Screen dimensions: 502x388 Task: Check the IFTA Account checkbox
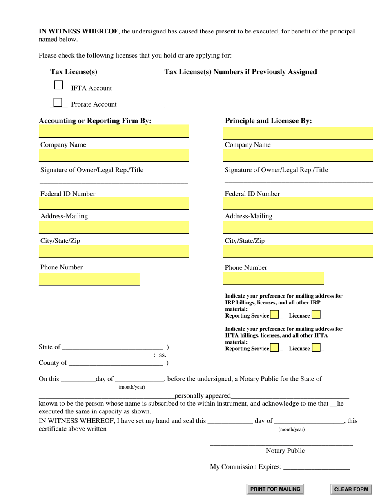click(x=59, y=85)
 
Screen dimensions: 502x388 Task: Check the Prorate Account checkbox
click(x=58, y=102)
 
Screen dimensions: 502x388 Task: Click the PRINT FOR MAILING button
click(x=275, y=489)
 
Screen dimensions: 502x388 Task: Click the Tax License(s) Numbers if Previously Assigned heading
click(x=241, y=72)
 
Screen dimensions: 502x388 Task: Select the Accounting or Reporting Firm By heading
click(x=95, y=121)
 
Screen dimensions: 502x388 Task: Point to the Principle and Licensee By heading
click(x=268, y=121)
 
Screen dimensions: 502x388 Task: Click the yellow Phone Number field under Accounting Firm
click(x=89, y=279)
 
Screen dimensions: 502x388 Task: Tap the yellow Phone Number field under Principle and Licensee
click(x=273, y=279)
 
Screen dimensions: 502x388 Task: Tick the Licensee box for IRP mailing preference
click(x=316, y=315)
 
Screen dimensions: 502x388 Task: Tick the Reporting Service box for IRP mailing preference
click(x=274, y=315)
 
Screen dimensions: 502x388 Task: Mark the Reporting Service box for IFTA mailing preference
click(x=274, y=347)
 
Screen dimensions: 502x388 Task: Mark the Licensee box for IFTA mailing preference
click(x=316, y=347)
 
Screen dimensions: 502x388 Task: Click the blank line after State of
click(x=113, y=347)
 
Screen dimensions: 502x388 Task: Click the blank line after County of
click(x=116, y=363)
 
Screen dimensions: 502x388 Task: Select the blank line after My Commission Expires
click(x=316, y=467)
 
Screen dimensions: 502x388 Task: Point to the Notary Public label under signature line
click(x=285, y=451)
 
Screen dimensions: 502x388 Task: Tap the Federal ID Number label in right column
click(x=252, y=194)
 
